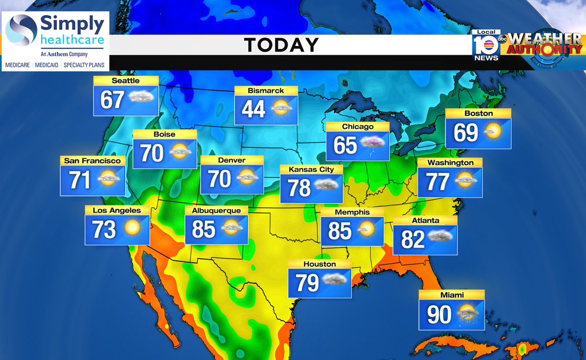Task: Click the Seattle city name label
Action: click(126, 81)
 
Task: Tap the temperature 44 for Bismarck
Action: click(253, 109)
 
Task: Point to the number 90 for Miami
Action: click(439, 315)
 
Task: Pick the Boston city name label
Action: click(479, 113)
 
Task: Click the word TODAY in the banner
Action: click(281, 45)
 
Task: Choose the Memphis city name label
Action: click(352, 212)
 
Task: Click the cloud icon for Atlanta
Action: click(439, 237)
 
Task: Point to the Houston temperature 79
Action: click(307, 283)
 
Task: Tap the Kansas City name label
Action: click(311, 169)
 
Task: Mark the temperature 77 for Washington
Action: click(438, 182)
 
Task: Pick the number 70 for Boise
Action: click(152, 153)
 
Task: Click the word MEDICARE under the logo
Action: click(16, 64)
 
